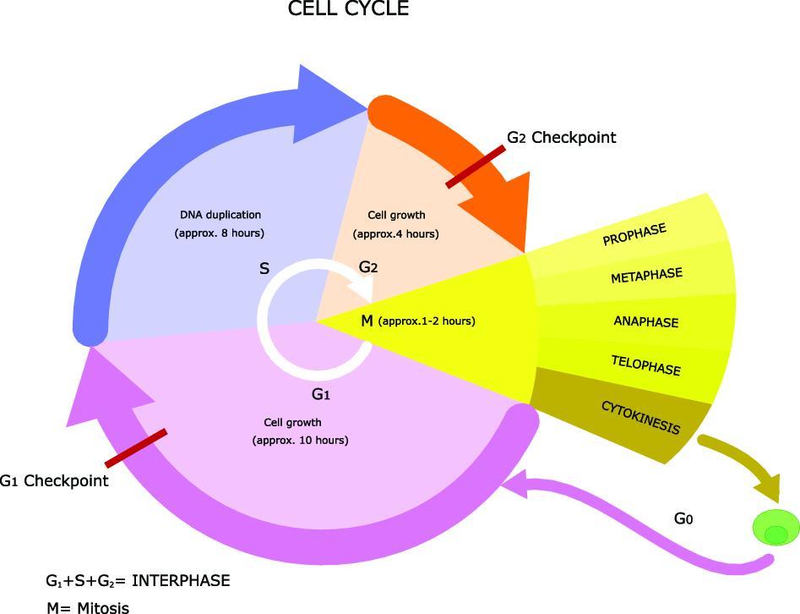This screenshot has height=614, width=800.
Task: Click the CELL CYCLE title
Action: [x=348, y=9]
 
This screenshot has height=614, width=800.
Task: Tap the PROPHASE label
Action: [x=634, y=234]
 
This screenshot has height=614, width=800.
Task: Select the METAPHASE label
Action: [x=646, y=277]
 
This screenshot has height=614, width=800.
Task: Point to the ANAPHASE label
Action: [x=646, y=322]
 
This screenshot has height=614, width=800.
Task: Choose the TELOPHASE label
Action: [x=645, y=365]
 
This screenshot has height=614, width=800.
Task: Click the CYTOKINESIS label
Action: [x=640, y=417]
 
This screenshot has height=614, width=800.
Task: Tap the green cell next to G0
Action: [x=776, y=527]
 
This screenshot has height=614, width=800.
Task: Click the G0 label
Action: [x=683, y=518]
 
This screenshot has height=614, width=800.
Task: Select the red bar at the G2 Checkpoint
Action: [x=476, y=167]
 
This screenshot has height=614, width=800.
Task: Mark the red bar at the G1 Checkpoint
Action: [x=135, y=448]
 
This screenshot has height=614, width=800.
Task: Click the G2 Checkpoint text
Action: [x=561, y=137]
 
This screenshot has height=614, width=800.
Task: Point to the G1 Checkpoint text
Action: [x=54, y=481]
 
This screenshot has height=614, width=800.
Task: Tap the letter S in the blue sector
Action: [x=264, y=269]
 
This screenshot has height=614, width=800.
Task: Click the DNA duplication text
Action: [x=220, y=215]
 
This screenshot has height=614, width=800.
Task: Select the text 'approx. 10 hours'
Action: [x=300, y=440]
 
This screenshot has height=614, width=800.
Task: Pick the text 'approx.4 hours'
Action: [x=395, y=233]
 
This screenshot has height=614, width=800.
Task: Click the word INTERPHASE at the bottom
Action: [x=181, y=581]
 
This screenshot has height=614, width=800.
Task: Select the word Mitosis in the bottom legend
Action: [x=103, y=607]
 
